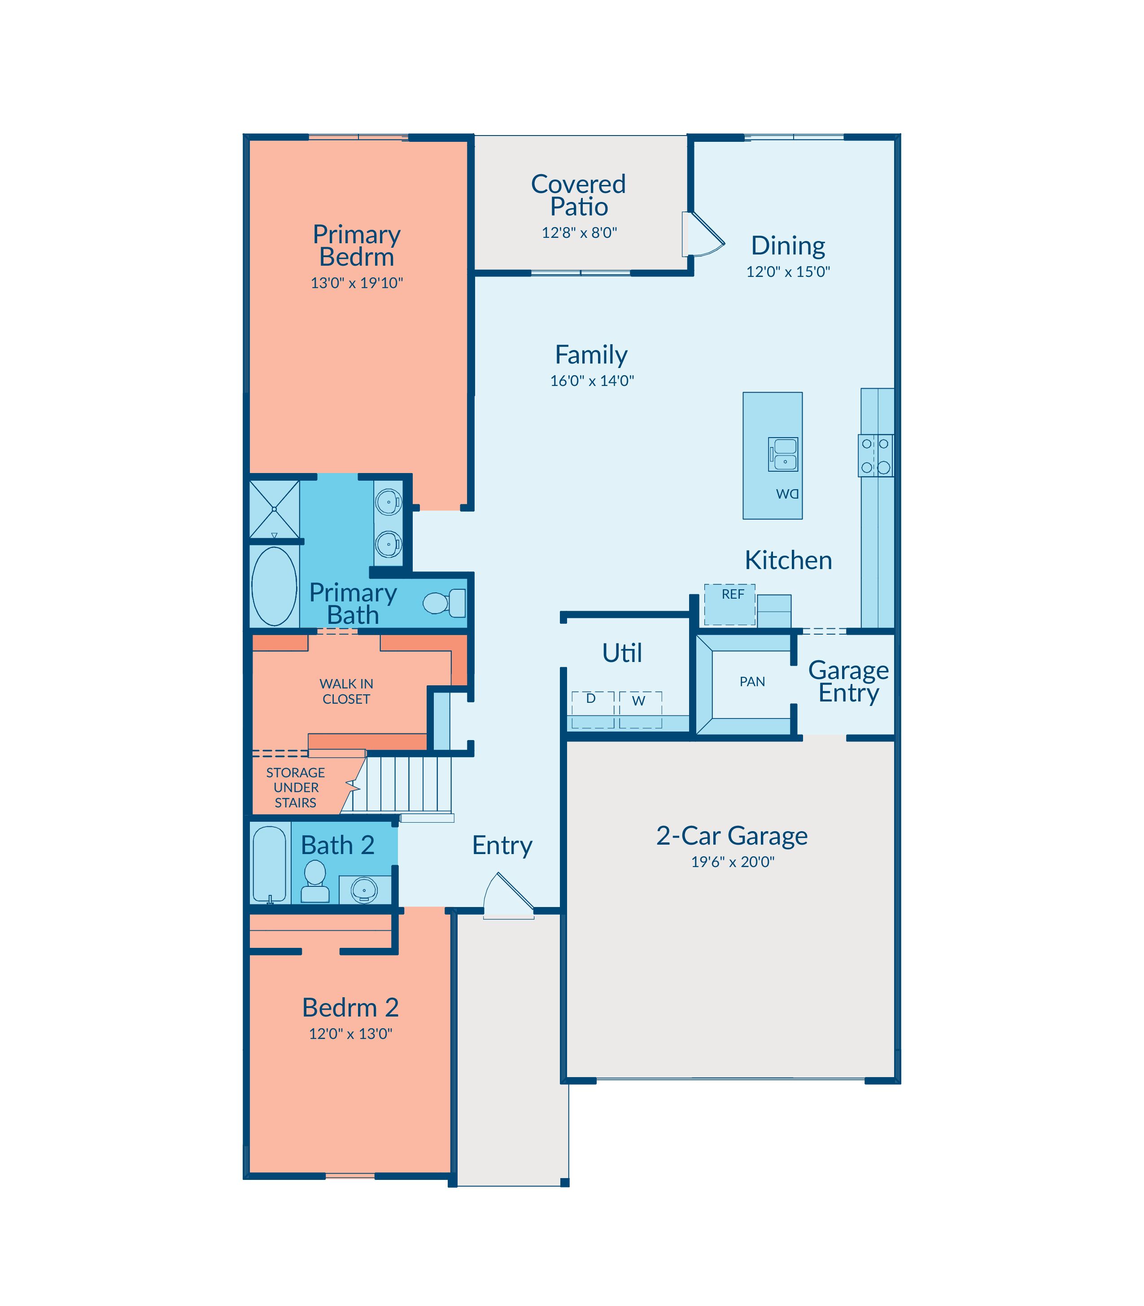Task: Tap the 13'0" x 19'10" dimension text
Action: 357,283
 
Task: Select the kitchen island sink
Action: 783,454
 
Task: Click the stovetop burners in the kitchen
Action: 875,456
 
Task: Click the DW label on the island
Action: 787,494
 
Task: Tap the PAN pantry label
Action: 752,681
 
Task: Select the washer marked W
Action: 640,710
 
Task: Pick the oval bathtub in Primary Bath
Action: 275,586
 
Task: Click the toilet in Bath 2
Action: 315,881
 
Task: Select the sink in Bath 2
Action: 365,890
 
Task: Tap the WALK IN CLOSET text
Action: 346,691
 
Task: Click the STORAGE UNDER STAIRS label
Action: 296,788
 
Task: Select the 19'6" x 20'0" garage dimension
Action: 733,862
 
